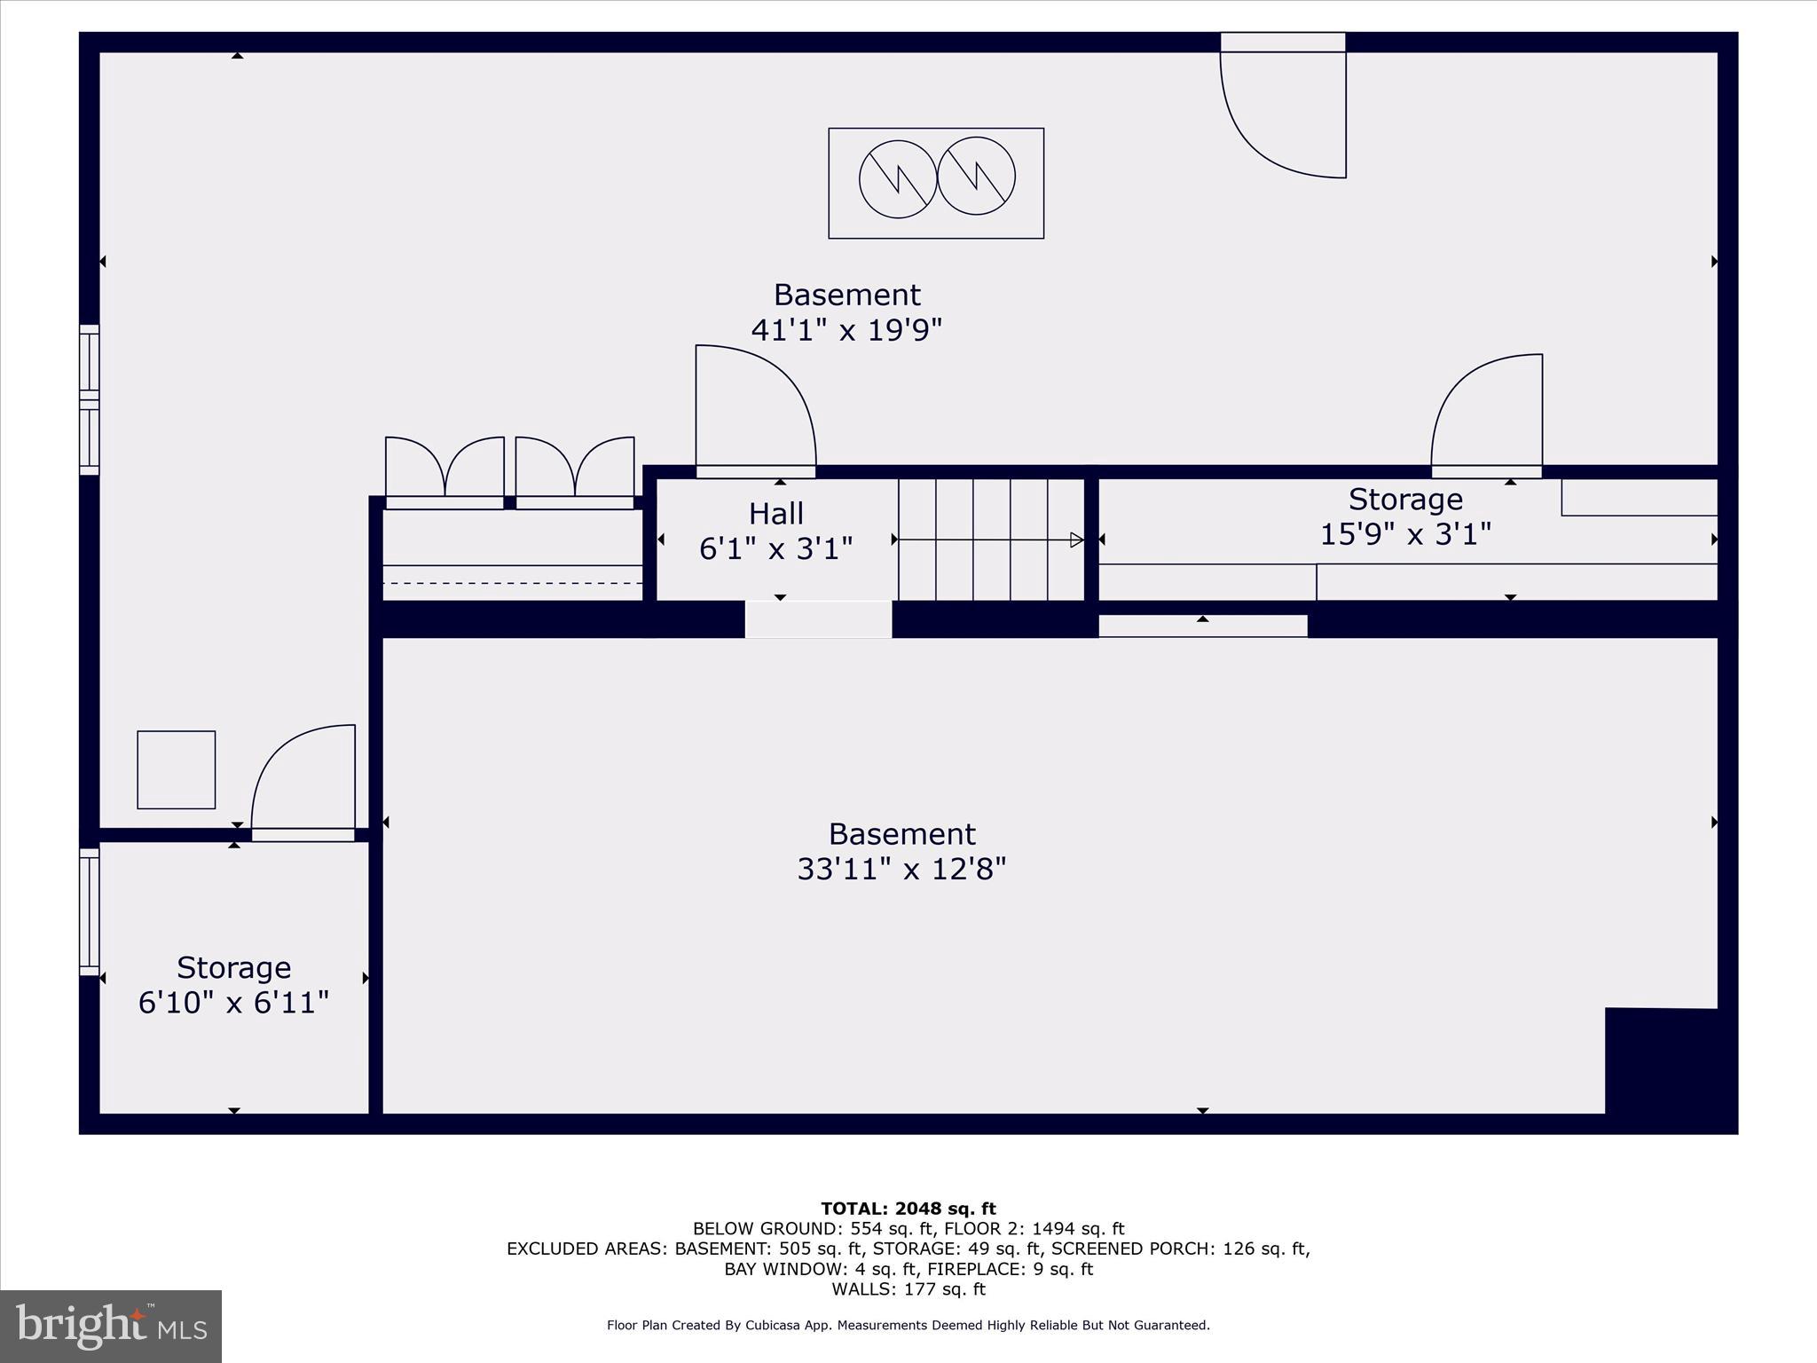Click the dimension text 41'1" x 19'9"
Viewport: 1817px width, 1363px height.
(x=846, y=330)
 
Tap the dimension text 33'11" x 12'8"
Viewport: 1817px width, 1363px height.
(x=901, y=869)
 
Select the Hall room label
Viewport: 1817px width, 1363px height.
(x=775, y=514)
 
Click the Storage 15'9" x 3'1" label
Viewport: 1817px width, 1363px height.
(x=1405, y=516)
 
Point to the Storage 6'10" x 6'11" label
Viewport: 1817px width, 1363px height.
(x=233, y=985)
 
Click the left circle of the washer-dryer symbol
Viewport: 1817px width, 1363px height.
(x=898, y=179)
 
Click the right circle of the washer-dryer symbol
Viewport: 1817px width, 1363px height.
(x=976, y=176)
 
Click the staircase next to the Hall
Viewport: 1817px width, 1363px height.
(x=991, y=540)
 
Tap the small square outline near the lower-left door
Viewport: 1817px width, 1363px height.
(x=176, y=769)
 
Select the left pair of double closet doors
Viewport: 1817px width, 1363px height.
(x=444, y=470)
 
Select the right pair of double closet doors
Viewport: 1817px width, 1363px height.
(x=575, y=470)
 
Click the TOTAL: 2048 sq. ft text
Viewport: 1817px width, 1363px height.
(x=908, y=1209)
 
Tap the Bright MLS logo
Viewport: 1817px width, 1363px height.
(x=111, y=1327)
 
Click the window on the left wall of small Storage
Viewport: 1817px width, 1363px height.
(x=90, y=911)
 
